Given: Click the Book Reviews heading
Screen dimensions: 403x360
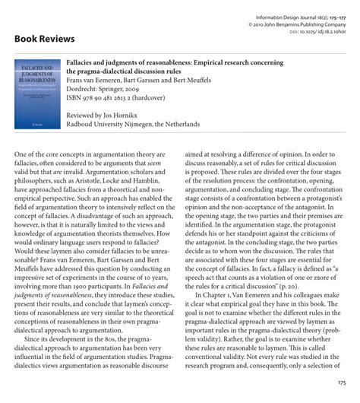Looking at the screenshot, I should [44, 38].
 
